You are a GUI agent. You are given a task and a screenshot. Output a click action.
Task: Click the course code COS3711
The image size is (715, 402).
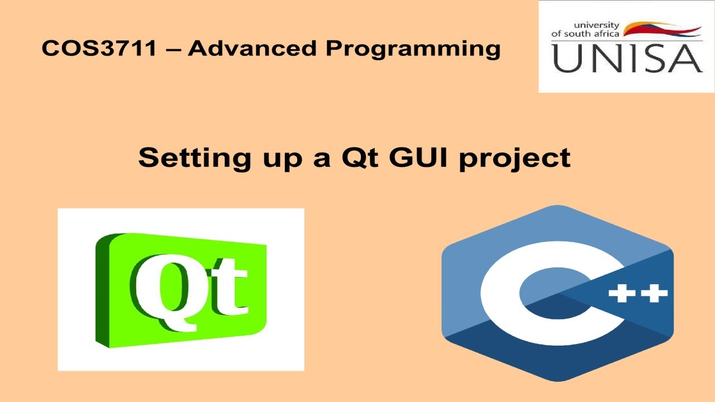click(99, 49)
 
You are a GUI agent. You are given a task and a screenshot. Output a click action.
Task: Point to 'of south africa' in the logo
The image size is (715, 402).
click(585, 33)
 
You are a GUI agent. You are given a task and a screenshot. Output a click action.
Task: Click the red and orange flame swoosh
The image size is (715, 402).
click(662, 29)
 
